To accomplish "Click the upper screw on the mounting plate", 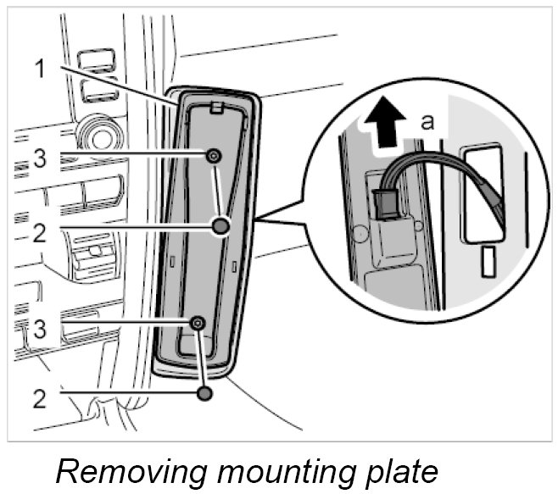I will pyautogui.click(x=214, y=155).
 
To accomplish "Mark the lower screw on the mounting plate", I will pyautogui.click(x=198, y=322).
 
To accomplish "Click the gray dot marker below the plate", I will pyautogui.click(x=203, y=393).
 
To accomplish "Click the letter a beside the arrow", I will pyautogui.click(x=428, y=122).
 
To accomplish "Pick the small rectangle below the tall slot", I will pyautogui.click(x=488, y=262).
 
